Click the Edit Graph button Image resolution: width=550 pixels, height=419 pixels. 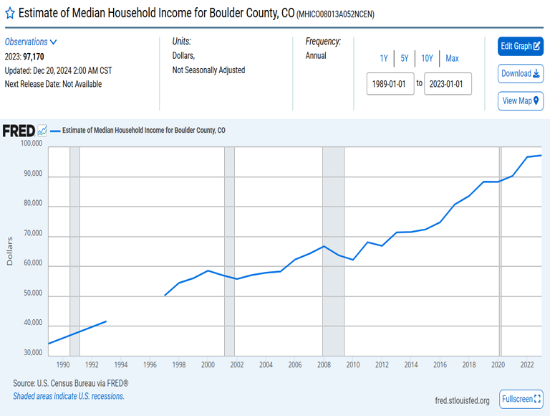520,46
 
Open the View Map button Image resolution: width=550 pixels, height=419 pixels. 520,100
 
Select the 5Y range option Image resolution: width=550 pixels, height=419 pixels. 404,58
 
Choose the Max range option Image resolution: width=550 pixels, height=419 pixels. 452,58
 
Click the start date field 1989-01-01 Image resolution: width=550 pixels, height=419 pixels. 390,84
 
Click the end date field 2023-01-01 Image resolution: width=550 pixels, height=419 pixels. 448,84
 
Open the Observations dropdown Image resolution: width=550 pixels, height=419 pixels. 31,42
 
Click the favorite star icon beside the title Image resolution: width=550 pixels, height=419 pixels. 9,14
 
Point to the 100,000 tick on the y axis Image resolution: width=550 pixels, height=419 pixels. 31,144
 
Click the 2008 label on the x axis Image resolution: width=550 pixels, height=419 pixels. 324,365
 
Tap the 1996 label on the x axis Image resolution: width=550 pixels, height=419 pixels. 149,365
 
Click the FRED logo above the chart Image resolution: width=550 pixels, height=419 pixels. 19,131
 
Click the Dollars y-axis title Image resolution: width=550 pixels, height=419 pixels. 10,250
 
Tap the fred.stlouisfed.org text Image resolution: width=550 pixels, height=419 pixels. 462,400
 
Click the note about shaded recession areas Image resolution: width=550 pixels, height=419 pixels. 69,396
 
